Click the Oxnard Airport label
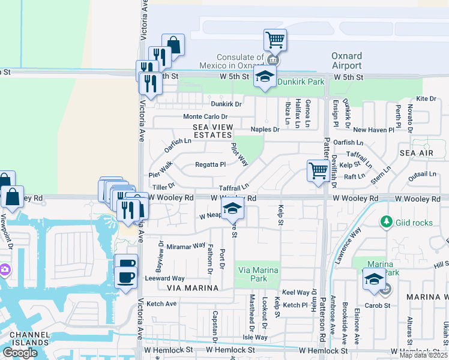(346, 61)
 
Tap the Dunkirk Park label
(300, 82)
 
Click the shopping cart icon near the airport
(275, 41)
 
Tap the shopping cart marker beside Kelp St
(318, 170)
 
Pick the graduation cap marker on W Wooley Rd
(232, 209)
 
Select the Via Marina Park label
(259, 274)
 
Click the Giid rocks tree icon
(386, 223)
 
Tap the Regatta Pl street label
(210, 164)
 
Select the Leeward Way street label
(164, 278)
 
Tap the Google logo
(20, 353)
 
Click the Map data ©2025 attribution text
(424, 355)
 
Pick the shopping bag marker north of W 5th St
(173, 45)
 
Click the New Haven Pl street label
(373, 130)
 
